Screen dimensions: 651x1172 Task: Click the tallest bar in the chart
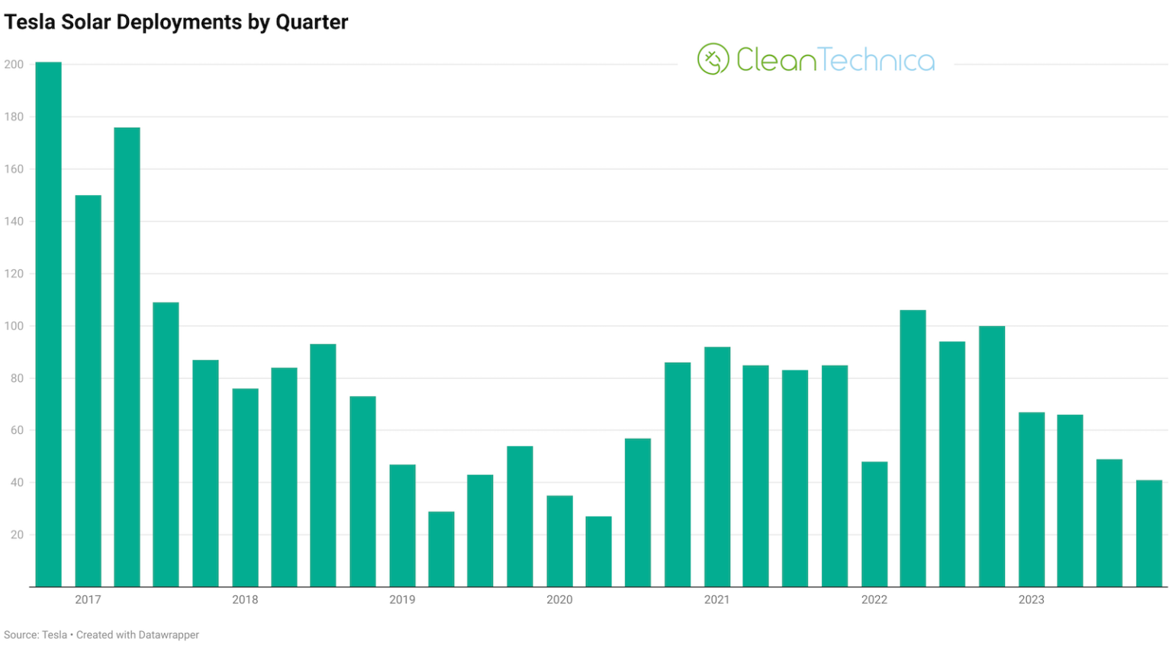pyautogui.click(x=48, y=324)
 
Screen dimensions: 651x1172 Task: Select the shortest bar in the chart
pyautogui.click(x=598, y=551)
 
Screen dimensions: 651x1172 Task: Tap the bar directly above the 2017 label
pyautogui.click(x=88, y=390)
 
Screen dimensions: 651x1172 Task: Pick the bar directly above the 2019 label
pyautogui.click(x=402, y=525)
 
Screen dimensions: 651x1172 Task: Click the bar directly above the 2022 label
pyautogui.click(x=874, y=524)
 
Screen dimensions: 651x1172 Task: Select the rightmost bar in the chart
pyautogui.click(x=1148, y=533)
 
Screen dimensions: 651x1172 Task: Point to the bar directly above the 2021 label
pyautogui.click(x=716, y=467)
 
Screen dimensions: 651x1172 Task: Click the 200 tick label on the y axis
pyautogui.click(x=14, y=65)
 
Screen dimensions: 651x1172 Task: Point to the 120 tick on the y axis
pyautogui.click(x=14, y=274)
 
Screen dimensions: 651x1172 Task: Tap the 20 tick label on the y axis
pyautogui.click(x=17, y=534)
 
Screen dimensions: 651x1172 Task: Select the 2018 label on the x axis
pyautogui.click(x=245, y=600)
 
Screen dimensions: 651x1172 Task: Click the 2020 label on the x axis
pyautogui.click(x=559, y=600)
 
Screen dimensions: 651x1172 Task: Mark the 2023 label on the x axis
pyautogui.click(x=1031, y=600)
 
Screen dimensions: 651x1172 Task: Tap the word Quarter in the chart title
pyautogui.click(x=311, y=22)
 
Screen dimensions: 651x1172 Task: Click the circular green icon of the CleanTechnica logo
pyautogui.click(x=713, y=59)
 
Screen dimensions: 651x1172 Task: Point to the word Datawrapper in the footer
pyautogui.click(x=169, y=635)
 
